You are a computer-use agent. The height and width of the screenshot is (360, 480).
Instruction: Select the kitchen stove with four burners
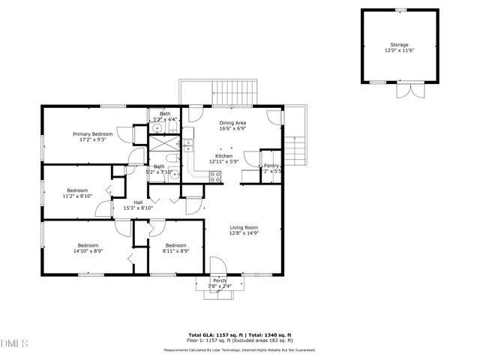[215, 177]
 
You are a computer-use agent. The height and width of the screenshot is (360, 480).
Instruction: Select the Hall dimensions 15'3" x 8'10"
[138, 208]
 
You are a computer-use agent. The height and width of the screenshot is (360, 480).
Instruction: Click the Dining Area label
[232, 122]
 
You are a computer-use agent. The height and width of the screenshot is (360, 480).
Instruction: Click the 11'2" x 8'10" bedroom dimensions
[77, 196]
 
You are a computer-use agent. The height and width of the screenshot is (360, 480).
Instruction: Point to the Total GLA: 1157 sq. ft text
[216, 335]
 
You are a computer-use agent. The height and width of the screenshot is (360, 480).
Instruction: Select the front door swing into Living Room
[217, 265]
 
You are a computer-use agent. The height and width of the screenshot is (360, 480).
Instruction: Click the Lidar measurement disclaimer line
[240, 349]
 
